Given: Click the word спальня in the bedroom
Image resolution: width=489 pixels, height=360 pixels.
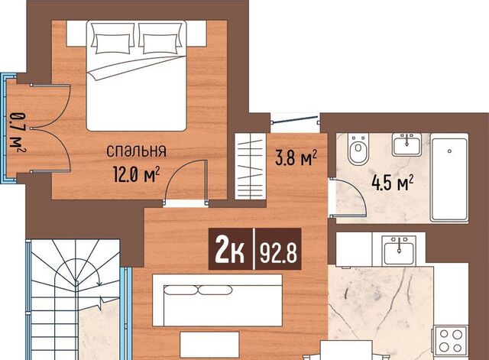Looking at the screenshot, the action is click(136, 151).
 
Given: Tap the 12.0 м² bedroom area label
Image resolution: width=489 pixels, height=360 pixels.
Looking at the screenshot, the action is click(137, 174).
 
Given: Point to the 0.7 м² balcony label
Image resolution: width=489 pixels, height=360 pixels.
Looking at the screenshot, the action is click(17, 130).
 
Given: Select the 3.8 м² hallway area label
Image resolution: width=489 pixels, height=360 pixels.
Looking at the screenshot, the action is click(296, 157).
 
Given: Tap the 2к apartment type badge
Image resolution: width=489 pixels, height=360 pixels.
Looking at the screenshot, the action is click(230, 248).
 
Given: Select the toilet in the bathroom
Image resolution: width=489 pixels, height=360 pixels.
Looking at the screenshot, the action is click(358, 149).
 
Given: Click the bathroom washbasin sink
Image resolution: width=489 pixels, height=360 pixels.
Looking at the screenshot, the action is click(406, 144).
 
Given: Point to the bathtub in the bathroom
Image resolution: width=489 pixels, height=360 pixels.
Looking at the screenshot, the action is click(449, 178).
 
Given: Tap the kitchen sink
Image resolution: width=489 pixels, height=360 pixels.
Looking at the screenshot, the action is click(399, 250).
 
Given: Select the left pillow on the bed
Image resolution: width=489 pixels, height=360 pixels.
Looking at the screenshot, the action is click(113, 44).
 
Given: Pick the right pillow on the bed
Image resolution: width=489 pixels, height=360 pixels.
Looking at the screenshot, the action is click(160, 44).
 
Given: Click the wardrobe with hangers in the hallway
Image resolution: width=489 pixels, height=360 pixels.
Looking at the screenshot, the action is click(251, 167).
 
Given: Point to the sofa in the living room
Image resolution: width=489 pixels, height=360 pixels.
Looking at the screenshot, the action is click(217, 300).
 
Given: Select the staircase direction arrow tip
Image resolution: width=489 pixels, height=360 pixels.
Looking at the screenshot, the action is click(99, 284).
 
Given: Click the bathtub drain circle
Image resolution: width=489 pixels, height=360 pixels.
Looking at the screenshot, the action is click(449, 151).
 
